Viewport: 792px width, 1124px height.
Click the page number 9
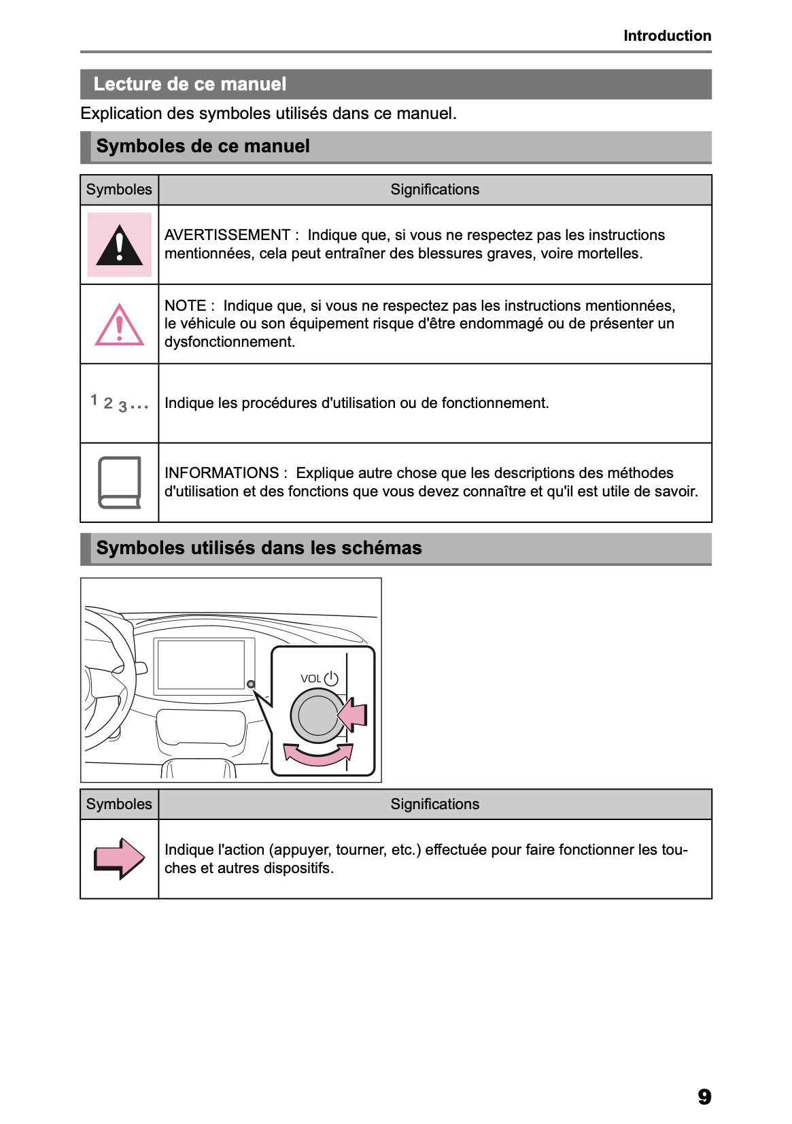click(x=704, y=1096)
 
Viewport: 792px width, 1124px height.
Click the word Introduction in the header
click(x=667, y=36)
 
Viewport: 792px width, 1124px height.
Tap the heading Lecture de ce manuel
click(x=190, y=84)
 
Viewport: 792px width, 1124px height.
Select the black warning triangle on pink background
click(x=119, y=245)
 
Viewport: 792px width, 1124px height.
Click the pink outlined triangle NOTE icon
click(x=119, y=325)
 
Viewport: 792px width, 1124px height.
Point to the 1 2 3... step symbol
click(x=119, y=403)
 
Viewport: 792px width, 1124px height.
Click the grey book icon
click(x=120, y=482)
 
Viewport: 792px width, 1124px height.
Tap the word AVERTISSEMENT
click(x=227, y=235)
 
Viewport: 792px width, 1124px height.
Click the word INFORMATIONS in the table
click(x=222, y=473)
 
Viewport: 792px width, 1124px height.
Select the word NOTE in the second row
click(x=185, y=306)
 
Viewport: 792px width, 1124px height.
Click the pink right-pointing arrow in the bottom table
click(x=119, y=858)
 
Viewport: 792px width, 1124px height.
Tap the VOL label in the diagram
click(x=310, y=679)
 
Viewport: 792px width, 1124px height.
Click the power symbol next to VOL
click(x=331, y=679)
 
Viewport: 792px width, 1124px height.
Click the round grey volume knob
click(x=316, y=715)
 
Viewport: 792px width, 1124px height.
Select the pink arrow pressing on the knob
click(x=353, y=715)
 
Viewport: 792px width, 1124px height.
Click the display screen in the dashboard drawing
click(x=201, y=664)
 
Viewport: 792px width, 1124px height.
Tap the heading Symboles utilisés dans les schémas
click(x=258, y=548)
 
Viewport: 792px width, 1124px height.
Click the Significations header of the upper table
click(x=434, y=190)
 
